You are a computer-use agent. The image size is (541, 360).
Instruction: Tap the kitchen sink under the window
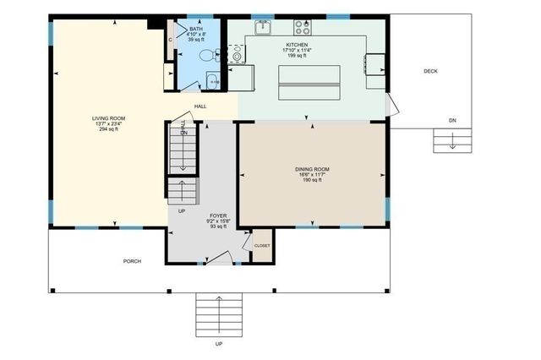265,27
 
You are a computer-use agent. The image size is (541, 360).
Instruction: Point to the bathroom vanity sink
211,81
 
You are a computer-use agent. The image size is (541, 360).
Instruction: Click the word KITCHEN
296,43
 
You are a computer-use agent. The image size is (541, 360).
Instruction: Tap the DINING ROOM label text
312,169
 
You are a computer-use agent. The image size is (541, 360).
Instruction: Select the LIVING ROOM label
110,117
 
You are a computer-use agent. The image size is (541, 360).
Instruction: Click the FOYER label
218,215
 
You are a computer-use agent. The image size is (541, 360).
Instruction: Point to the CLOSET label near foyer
262,246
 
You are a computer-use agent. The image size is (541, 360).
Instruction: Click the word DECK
430,71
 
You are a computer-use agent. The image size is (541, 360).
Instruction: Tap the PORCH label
132,261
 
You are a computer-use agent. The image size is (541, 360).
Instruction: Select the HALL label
200,106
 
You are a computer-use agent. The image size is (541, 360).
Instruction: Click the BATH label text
196,29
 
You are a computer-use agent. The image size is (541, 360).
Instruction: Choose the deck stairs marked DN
452,140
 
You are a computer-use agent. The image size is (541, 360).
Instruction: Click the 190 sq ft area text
312,180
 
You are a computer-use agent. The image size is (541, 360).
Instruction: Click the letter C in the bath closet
171,39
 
